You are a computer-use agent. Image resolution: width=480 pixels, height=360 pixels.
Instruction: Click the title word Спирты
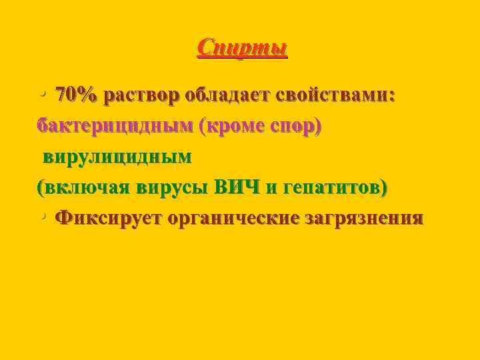point(243,48)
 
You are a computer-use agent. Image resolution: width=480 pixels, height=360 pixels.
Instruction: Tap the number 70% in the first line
point(76,95)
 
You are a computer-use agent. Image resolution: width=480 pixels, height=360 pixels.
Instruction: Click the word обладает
point(227,95)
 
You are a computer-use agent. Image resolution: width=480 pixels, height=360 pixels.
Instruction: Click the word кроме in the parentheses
point(237,126)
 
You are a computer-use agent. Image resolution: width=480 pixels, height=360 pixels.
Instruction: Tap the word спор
point(294,127)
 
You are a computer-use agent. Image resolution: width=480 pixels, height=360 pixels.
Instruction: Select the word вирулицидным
point(117,157)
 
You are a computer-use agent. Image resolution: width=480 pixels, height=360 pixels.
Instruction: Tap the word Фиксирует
point(109,218)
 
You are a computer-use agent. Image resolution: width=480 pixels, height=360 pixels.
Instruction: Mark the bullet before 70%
point(42,95)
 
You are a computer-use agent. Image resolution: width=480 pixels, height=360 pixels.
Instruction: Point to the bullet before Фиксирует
point(42,217)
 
